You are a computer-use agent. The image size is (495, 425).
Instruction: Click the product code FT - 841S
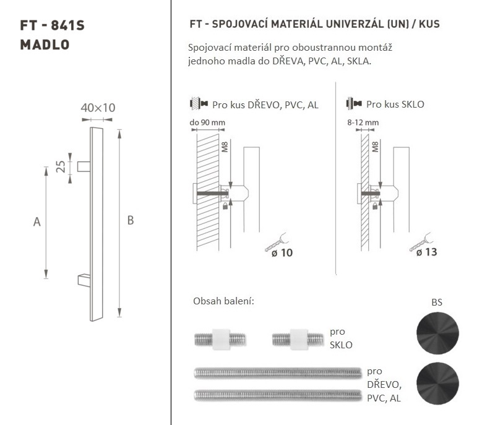tap(52, 25)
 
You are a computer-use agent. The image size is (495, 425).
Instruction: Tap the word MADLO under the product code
tap(45, 45)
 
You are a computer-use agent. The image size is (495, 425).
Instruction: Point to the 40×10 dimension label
tap(98, 108)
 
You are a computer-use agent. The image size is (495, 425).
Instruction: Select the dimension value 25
tap(61, 166)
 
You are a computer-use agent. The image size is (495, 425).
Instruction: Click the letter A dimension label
tap(37, 222)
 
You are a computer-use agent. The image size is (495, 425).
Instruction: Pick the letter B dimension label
tap(131, 220)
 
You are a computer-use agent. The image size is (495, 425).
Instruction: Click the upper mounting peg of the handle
tap(84, 166)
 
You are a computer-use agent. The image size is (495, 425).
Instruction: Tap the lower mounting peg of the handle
tap(84, 280)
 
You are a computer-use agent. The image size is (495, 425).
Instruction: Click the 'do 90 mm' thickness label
tap(207, 122)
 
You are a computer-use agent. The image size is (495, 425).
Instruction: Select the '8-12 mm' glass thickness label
tap(363, 122)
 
